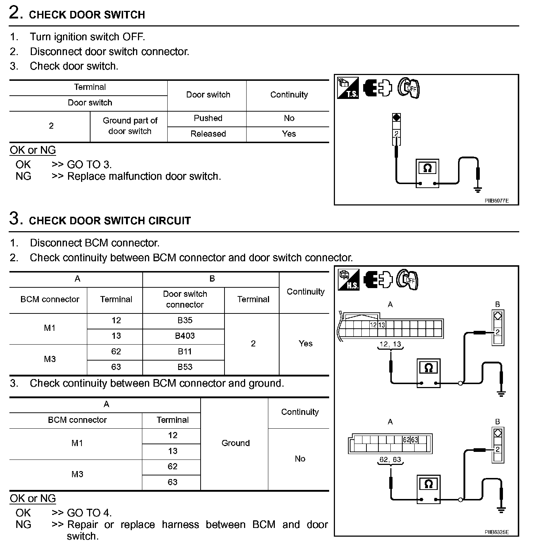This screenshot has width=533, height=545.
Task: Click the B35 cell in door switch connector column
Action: pyautogui.click(x=185, y=320)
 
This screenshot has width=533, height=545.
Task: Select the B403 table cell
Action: pyautogui.click(x=185, y=336)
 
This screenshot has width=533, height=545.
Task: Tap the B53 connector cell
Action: pyautogui.click(x=185, y=367)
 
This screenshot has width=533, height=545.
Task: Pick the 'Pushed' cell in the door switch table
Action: pyautogui.click(x=208, y=118)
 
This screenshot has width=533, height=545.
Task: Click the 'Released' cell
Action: pyautogui.click(x=208, y=134)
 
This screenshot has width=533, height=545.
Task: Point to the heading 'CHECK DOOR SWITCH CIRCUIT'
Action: pyautogui.click(x=110, y=221)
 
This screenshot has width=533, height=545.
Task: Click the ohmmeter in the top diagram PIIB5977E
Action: pyautogui.click(x=427, y=173)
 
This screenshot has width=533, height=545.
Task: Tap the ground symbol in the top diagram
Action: pyautogui.click(x=478, y=189)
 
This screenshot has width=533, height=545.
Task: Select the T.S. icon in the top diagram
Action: pyautogui.click(x=348, y=88)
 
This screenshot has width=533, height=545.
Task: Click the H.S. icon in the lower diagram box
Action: pyautogui.click(x=348, y=280)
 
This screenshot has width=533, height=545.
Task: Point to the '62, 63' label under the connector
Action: pyautogui.click(x=390, y=459)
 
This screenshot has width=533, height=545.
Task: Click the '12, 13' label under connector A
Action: pyautogui.click(x=390, y=344)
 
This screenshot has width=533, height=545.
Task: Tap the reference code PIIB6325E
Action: pyautogui.click(x=496, y=532)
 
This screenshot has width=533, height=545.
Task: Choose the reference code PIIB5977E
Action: pyautogui.click(x=496, y=200)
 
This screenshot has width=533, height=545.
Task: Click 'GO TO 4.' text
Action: pyautogui.click(x=89, y=513)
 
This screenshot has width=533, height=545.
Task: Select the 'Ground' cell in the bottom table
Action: pyautogui.click(x=235, y=443)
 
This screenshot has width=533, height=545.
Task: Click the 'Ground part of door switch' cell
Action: pyautogui.click(x=130, y=126)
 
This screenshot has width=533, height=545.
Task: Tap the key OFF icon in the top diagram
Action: pyautogui.click(x=409, y=88)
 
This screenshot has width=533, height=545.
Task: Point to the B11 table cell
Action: pyautogui.click(x=185, y=351)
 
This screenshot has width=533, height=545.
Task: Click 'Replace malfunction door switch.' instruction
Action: pyautogui.click(x=144, y=176)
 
